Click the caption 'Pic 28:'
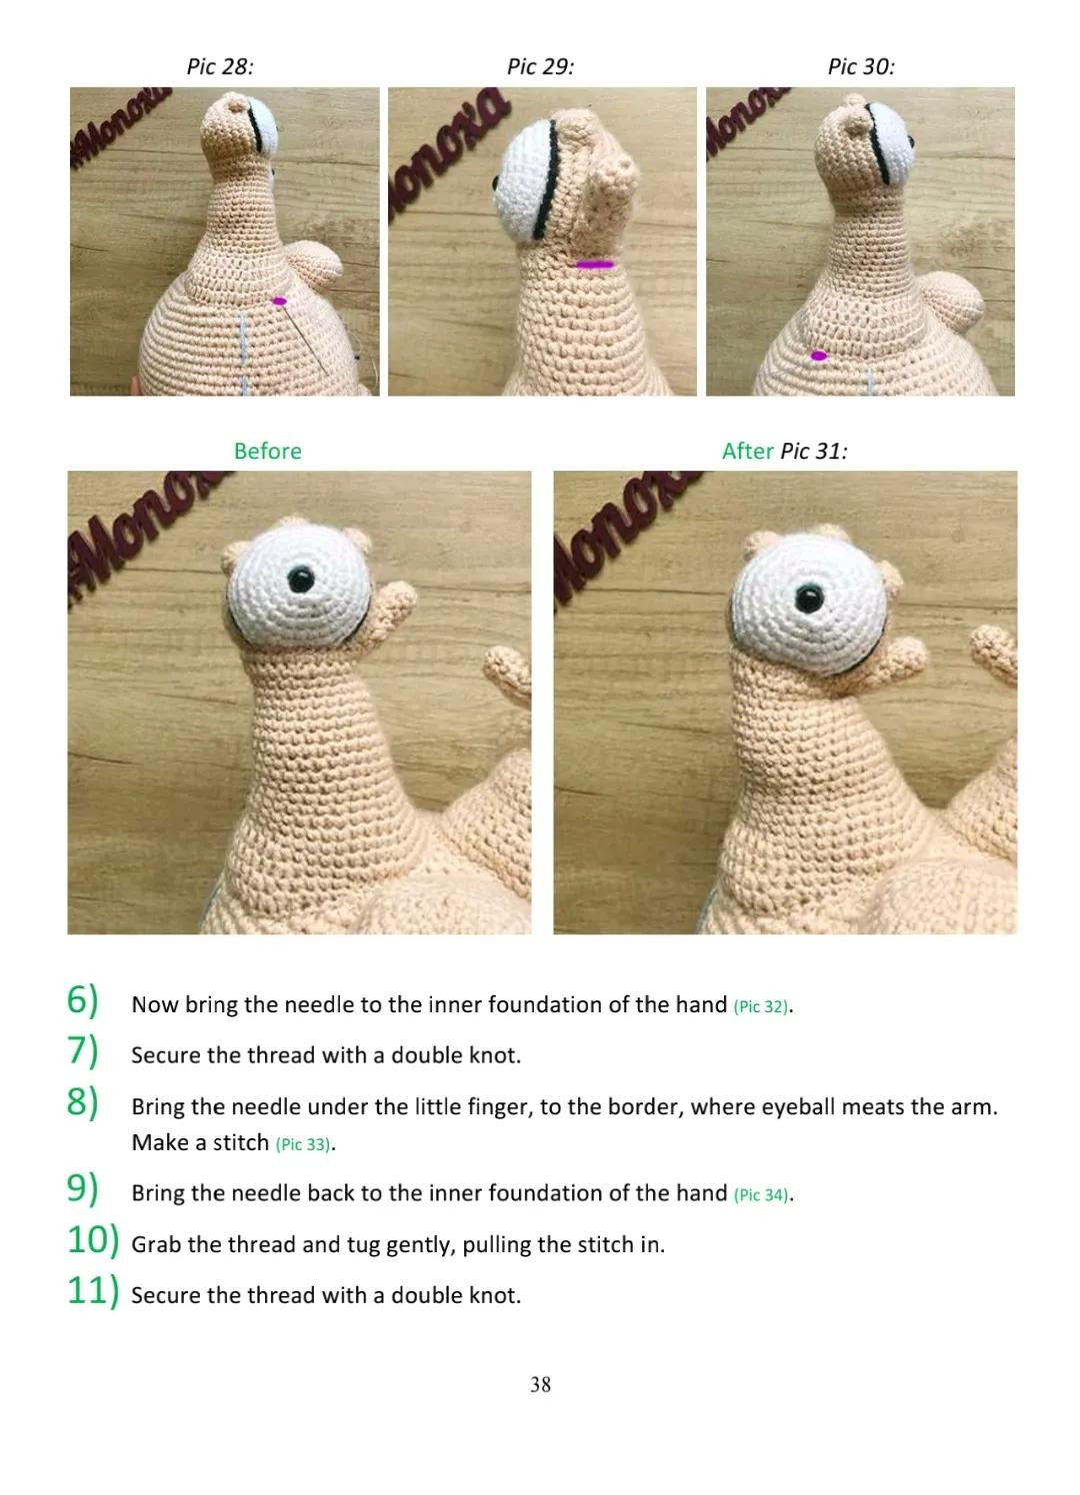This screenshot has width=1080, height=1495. (x=220, y=67)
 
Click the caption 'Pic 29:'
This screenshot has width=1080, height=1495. (x=540, y=67)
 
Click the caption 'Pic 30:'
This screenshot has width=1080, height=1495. (x=861, y=67)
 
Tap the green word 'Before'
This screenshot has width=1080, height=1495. (x=267, y=451)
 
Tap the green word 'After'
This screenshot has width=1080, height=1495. (x=747, y=451)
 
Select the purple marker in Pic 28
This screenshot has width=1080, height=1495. (x=279, y=301)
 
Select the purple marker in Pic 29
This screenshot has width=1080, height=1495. (x=596, y=265)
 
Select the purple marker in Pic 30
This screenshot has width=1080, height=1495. (x=819, y=356)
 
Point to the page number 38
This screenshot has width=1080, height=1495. (x=540, y=1384)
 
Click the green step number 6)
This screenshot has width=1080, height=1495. (x=83, y=1000)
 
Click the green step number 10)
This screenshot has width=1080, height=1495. (x=93, y=1240)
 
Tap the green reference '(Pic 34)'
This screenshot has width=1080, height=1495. (x=762, y=1195)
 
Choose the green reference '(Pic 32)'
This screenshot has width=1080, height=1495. (x=762, y=1006)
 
